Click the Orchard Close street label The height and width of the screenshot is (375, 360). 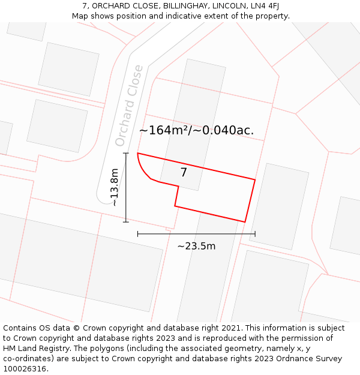point(129,106)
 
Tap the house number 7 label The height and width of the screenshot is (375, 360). point(184,173)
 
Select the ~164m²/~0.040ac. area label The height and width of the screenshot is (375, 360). point(196,130)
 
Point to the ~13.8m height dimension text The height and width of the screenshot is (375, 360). point(114,187)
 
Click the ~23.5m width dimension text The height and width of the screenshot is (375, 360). point(196,246)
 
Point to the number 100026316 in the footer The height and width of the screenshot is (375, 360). point(24,369)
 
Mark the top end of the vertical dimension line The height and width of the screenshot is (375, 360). point(126,154)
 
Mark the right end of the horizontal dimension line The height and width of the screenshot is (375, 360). point(255,234)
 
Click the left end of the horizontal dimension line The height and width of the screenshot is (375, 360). point(138,234)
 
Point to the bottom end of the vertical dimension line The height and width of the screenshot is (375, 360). point(126,222)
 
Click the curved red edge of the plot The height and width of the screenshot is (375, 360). point(144,171)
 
